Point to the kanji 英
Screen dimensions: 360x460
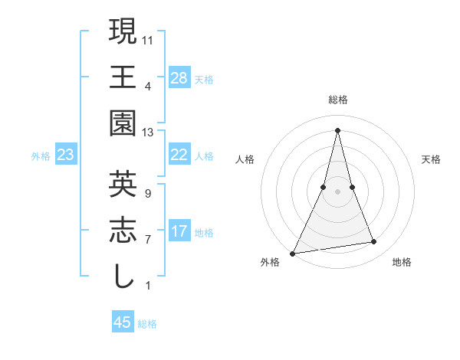tap(123, 183)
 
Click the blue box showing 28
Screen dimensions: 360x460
tap(179, 77)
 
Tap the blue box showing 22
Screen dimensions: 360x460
tap(179, 155)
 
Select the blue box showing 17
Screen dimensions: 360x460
tap(179, 231)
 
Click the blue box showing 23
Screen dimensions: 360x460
tap(65, 155)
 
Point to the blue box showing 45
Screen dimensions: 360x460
tap(123, 322)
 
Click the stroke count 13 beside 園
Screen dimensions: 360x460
tap(149, 132)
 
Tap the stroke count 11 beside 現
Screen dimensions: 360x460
tap(149, 39)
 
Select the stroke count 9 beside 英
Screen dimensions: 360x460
tap(147, 193)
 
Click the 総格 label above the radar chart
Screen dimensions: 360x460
tap(337, 100)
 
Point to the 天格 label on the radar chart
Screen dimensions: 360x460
tap(432, 160)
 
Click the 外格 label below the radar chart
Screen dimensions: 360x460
tap(270, 262)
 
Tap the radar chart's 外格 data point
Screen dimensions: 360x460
tap(293, 253)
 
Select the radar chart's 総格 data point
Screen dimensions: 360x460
tap(337, 129)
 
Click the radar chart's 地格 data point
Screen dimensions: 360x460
tap(374, 242)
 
